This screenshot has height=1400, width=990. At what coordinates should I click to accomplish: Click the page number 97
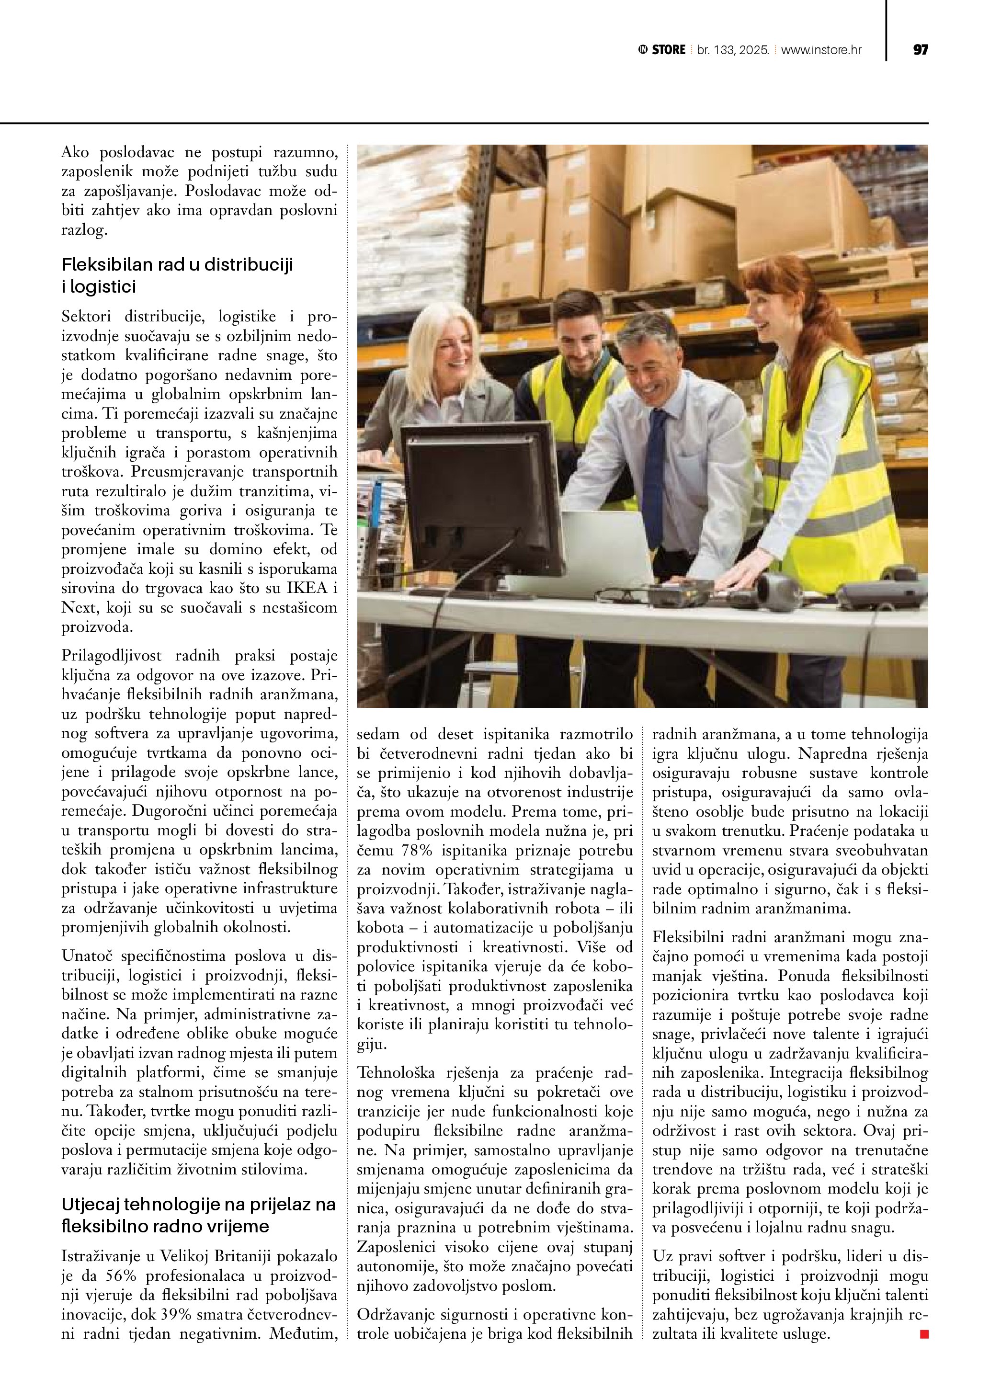[x=920, y=50]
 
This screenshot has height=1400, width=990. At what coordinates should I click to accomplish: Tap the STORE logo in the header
[x=662, y=50]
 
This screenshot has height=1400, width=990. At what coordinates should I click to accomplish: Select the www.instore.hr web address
[x=821, y=50]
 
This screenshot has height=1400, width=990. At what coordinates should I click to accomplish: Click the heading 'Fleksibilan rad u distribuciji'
[x=177, y=265]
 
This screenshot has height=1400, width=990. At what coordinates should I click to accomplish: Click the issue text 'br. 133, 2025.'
[x=733, y=50]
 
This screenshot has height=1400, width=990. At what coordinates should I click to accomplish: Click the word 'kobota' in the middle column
[x=380, y=927]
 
